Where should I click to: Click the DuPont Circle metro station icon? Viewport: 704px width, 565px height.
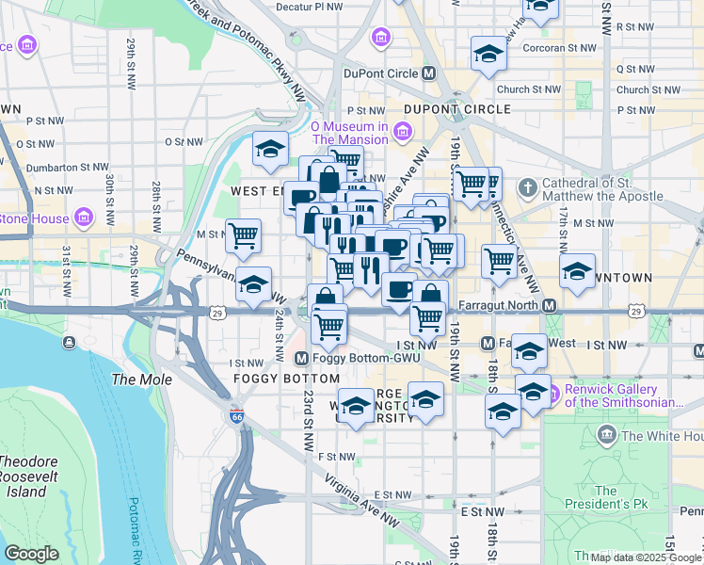[x=429, y=73]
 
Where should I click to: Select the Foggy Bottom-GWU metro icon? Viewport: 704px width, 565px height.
[x=302, y=359]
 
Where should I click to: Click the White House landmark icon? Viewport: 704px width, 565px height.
[x=607, y=435]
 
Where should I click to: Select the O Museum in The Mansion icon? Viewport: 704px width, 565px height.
[x=402, y=131]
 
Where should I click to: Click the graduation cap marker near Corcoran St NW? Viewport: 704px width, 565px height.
[x=488, y=54]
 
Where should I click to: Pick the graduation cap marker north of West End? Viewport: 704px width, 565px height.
[x=269, y=148]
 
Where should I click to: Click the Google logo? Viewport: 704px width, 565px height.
[x=31, y=554]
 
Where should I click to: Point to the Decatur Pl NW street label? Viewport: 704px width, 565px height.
[x=310, y=6]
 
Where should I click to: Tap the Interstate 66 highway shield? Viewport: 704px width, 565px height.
[x=235, y=415]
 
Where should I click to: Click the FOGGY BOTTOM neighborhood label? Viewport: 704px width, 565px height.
[x=284, y=379]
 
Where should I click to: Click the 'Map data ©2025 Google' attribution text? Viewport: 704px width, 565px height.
[x=645, y=557]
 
